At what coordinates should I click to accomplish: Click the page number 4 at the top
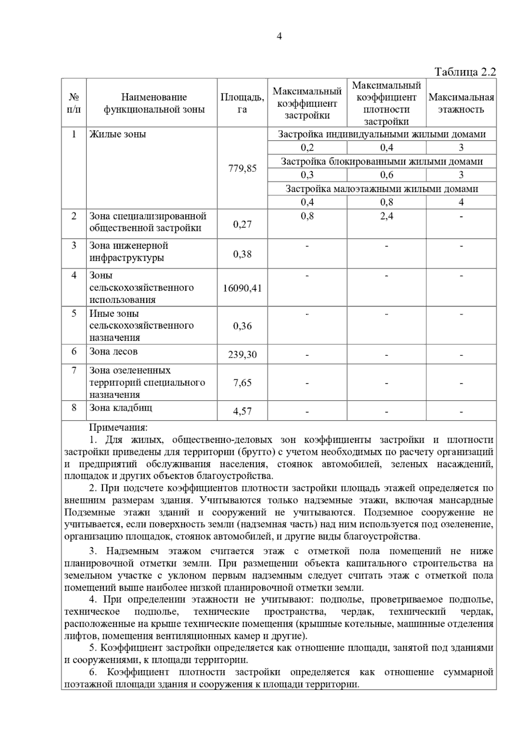279,37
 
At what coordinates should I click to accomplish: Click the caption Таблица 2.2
465,72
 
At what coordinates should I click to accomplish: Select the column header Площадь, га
242,103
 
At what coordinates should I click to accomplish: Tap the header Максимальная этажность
461,103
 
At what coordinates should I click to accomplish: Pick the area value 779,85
242,168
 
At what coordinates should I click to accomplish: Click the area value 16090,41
242,288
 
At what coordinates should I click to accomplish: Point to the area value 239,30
242,355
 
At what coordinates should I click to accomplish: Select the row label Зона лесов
113,352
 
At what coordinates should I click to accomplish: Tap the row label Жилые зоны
117,134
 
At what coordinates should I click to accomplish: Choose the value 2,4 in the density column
386,216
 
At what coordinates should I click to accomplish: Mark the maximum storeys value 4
461,202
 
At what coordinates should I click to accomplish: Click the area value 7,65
242,383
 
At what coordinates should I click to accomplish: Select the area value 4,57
242,411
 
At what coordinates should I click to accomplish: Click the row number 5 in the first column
74,313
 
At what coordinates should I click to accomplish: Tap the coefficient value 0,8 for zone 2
307,216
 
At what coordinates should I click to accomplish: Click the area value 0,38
242,254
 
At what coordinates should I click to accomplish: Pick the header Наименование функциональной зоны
154,103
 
